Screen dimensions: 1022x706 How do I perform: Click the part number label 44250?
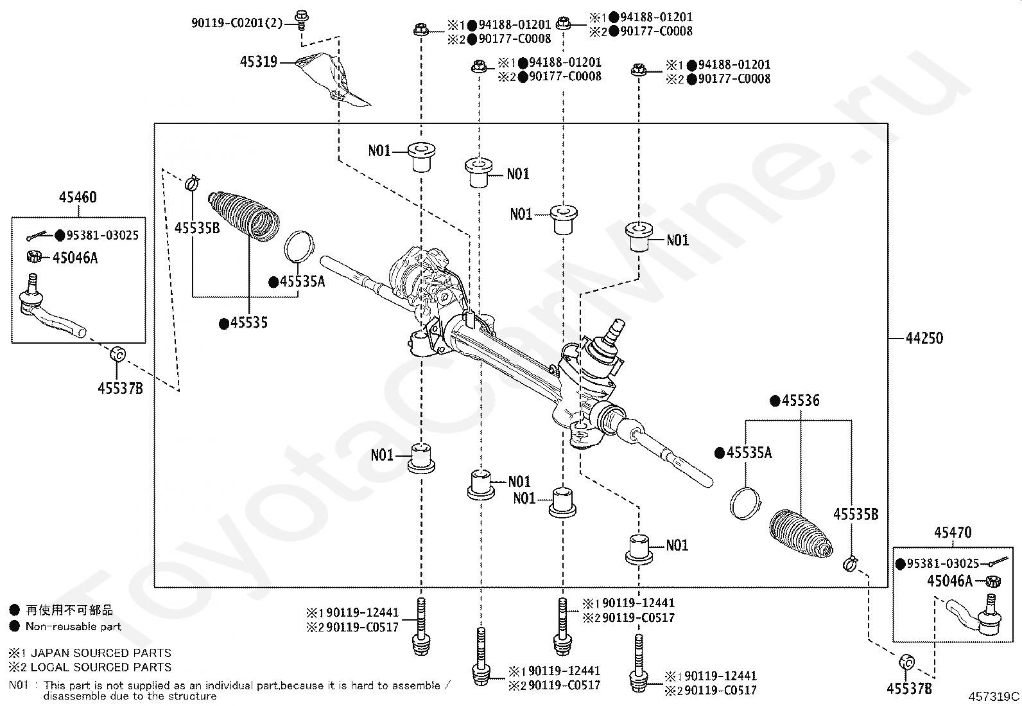924,339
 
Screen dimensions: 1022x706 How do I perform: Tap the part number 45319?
259,62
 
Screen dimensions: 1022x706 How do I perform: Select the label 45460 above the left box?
78,197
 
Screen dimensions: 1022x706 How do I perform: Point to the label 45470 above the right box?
953,533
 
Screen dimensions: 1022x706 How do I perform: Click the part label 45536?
801,400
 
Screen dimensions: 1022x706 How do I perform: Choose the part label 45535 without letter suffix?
249,323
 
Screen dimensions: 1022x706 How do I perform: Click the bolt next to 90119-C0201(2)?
301,20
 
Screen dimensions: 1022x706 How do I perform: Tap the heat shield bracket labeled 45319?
333,80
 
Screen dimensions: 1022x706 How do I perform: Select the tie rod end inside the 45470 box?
973,615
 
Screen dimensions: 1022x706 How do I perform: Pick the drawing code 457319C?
994,696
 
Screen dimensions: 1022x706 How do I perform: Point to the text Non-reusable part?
73,626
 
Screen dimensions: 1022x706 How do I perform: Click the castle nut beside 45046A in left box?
34,257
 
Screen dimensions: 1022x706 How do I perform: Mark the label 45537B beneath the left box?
121,389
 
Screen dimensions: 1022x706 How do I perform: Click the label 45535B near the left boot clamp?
197,228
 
